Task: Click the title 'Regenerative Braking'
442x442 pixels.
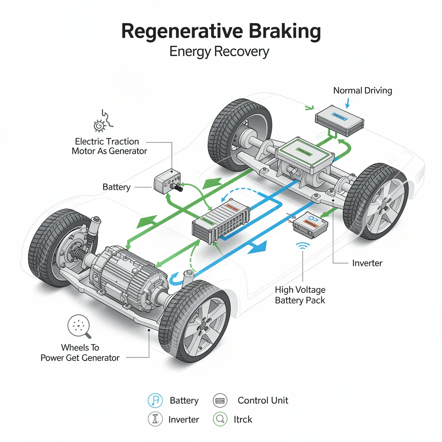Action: coord(221,32)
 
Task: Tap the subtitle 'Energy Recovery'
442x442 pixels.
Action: coord(219,52)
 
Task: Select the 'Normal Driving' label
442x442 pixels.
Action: coord(363,91)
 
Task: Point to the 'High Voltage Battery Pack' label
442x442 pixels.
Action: coord(300,295)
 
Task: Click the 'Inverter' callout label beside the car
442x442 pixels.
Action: coord(367,263)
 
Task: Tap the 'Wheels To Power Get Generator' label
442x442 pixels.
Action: coord(80,352)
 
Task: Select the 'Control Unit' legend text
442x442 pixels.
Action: coord(262,401)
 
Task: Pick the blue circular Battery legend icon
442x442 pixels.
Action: coord(155,401)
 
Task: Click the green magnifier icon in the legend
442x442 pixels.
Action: coord(220,419)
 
